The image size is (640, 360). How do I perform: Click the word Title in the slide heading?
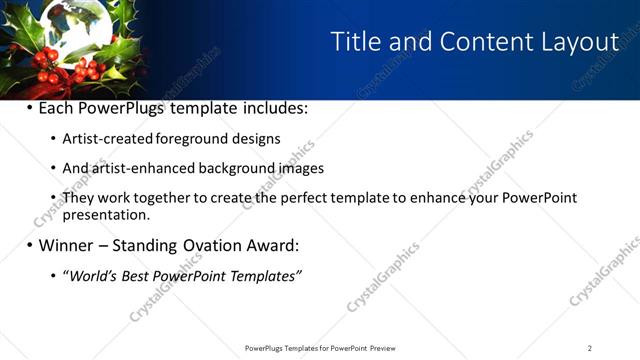click(x=353, y=41)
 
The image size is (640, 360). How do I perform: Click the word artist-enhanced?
click(x=137, y=168)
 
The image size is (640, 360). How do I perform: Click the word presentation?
click(x=106, y=214)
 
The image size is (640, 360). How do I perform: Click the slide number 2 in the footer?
click(x=590, y=348)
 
